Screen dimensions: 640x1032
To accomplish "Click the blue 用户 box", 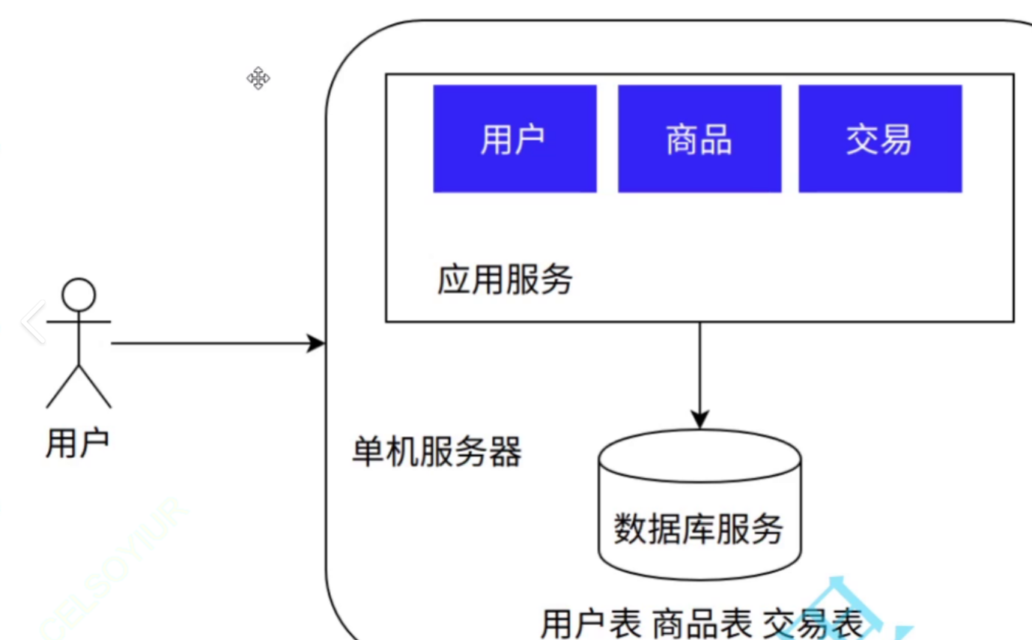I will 515,139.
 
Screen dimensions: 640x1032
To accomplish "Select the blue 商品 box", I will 699,139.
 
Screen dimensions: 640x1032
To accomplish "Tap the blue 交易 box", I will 879,139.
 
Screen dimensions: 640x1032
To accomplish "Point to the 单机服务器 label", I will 437,453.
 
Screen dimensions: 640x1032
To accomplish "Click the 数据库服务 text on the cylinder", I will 698,529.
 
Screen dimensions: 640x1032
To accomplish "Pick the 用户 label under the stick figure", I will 77,442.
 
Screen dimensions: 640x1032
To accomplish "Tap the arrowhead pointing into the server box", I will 318,344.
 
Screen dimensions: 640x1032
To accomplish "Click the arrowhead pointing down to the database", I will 699,420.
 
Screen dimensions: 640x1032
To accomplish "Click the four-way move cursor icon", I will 258,78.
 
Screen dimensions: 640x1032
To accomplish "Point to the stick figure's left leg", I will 61,387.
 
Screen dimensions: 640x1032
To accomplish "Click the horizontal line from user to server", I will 210,344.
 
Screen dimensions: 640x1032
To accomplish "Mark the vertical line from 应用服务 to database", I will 699,367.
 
